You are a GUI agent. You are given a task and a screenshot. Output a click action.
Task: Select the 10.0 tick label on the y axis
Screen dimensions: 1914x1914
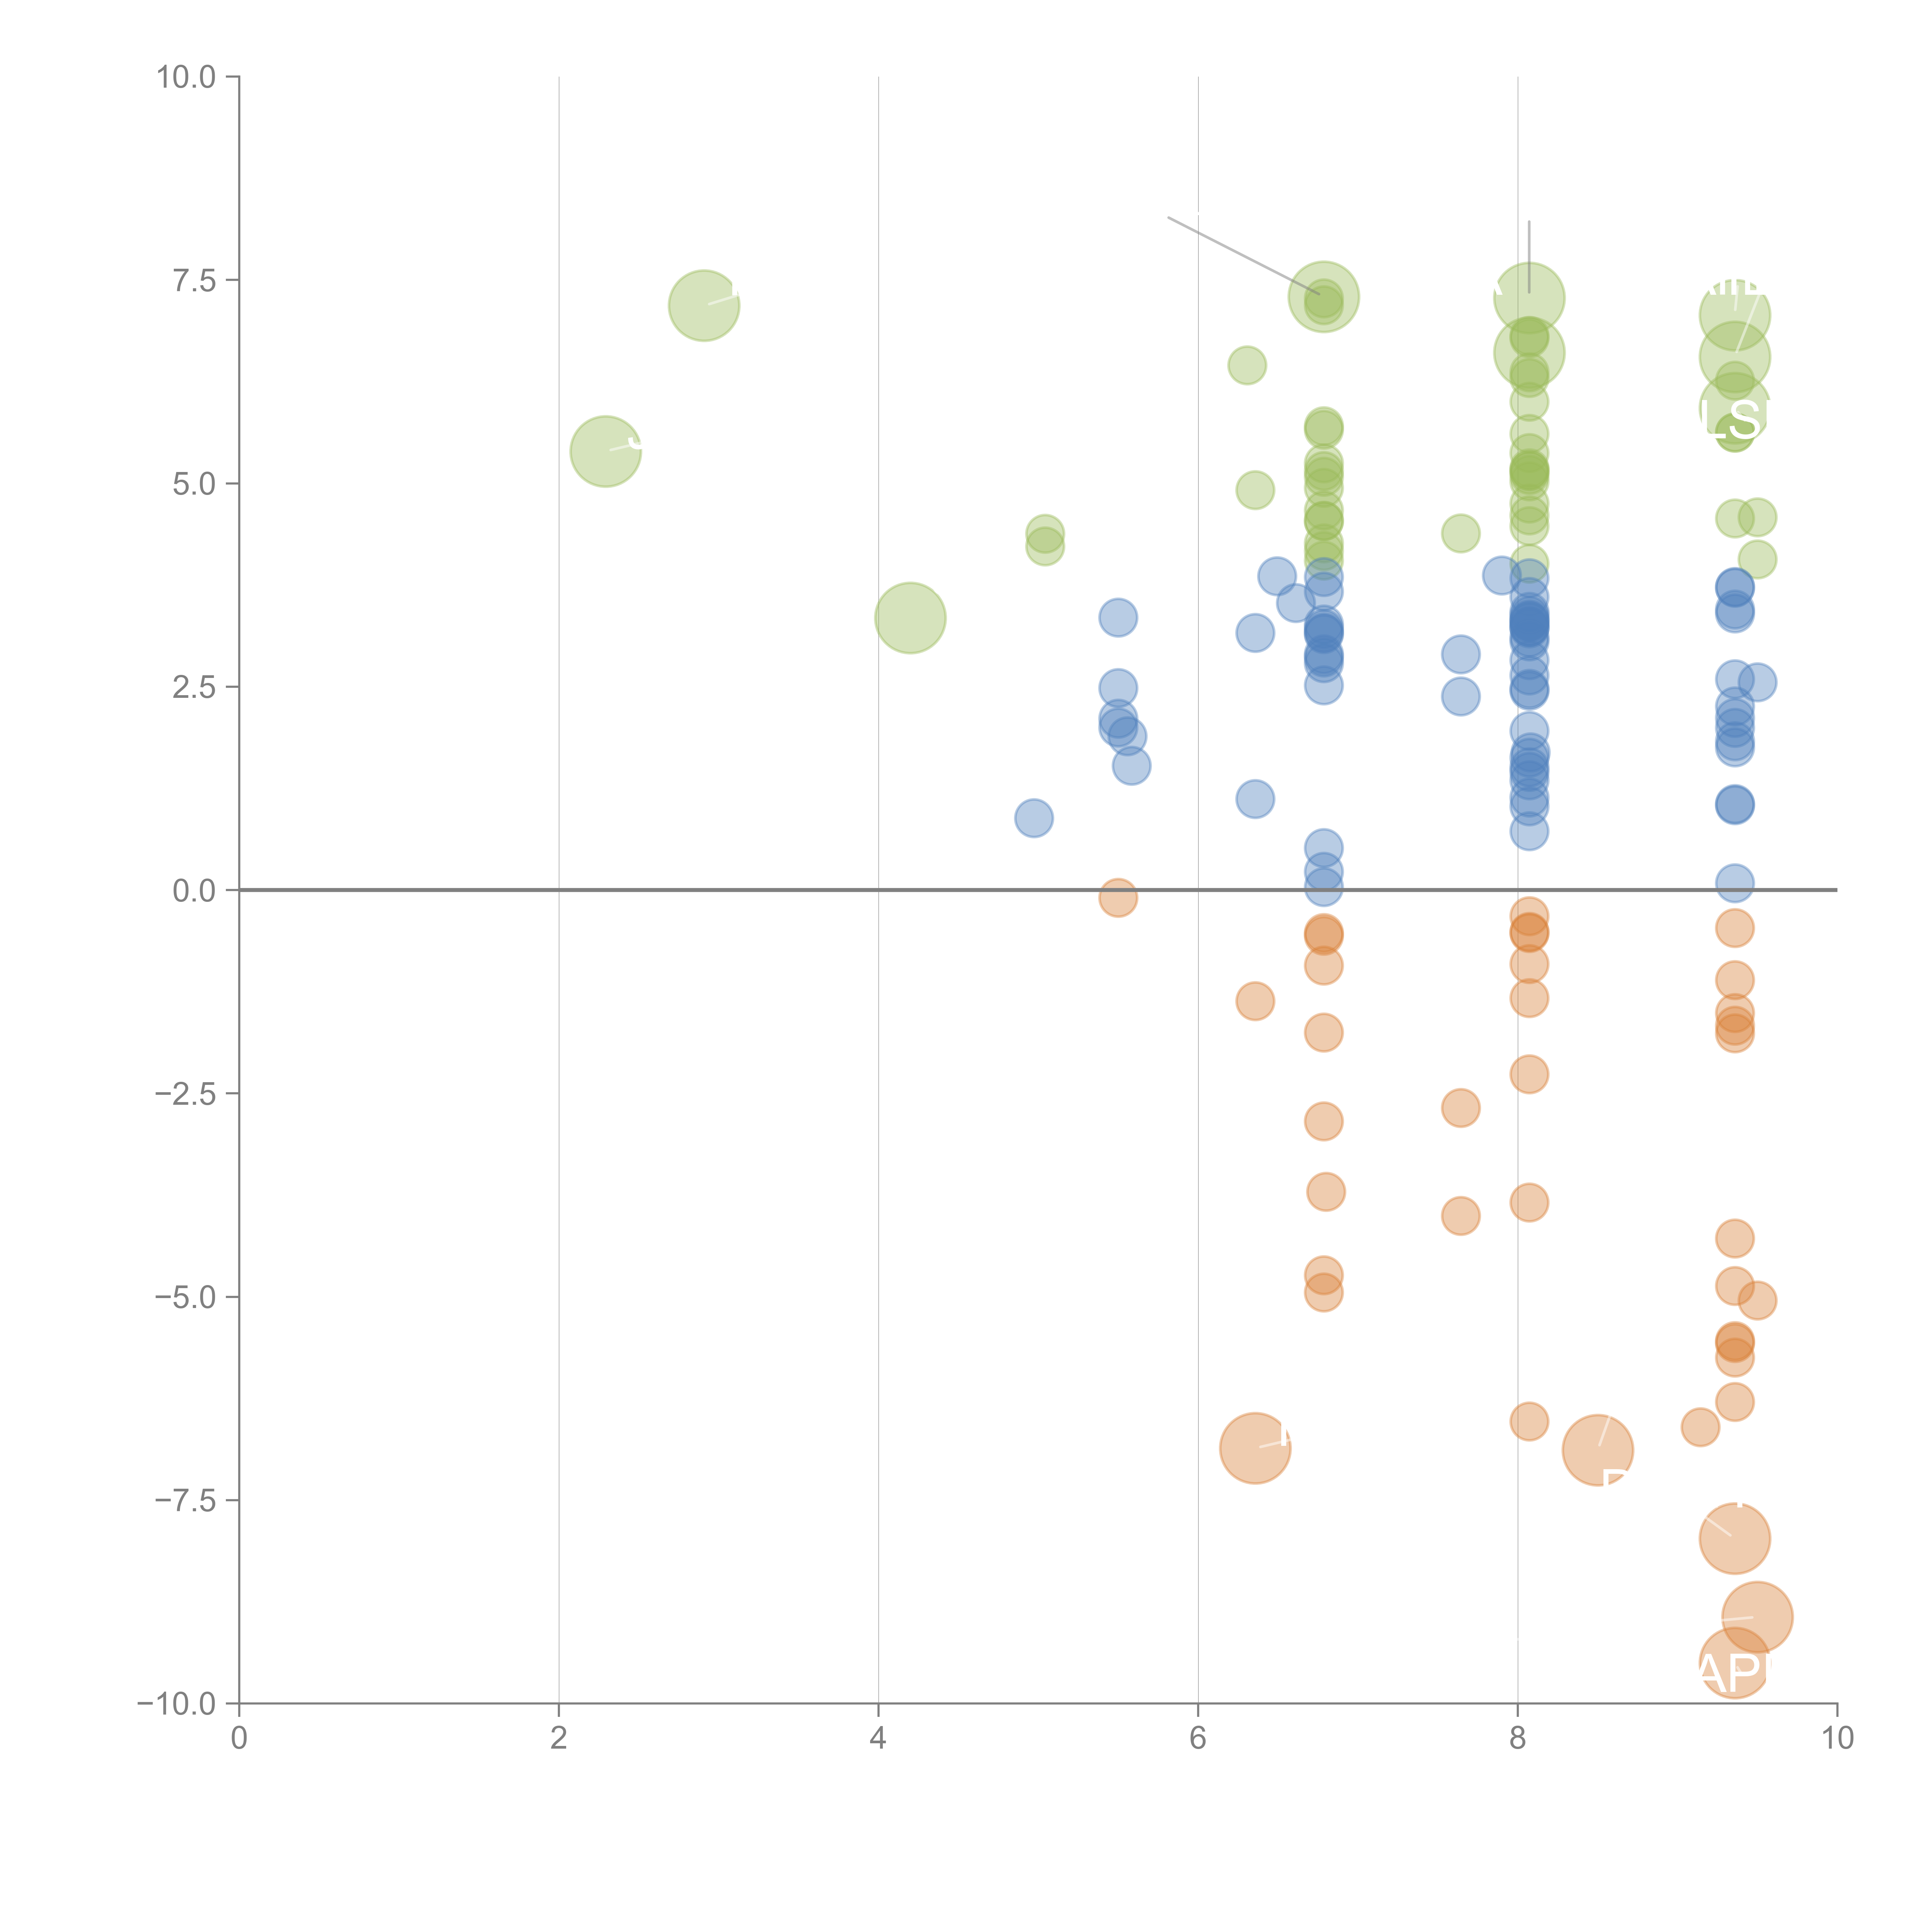pyautogui.click(x=186, y=77)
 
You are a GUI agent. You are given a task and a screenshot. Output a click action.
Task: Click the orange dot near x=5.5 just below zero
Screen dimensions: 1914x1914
pyautogui.click(x=1117, y=898)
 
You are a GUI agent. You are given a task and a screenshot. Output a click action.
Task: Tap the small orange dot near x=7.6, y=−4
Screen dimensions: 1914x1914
pyautogui.click(x=1460, y=1215)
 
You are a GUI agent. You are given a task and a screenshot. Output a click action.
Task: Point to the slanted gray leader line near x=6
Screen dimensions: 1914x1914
pyautogui.click(x=1243, y=255)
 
